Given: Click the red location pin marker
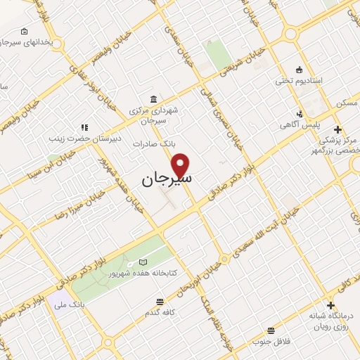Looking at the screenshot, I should click(x=181, y=165).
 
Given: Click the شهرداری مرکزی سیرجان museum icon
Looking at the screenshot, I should click(x=153, y=99).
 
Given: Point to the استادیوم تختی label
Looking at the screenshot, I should click(x=298, y=81).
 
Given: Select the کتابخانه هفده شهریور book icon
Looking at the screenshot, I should click(x=143, y=262).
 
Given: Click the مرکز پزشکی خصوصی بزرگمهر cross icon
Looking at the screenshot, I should click(x=338, y=129).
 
